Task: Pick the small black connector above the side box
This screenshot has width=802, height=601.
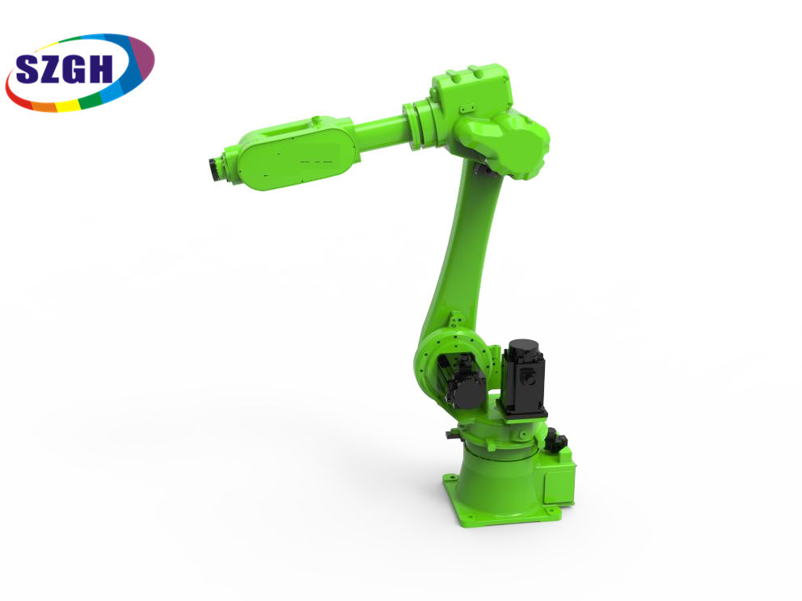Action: point(555,441)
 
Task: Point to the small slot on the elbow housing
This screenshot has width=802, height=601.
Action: point(466,106)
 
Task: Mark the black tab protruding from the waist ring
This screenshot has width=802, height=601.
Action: point(450,435)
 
